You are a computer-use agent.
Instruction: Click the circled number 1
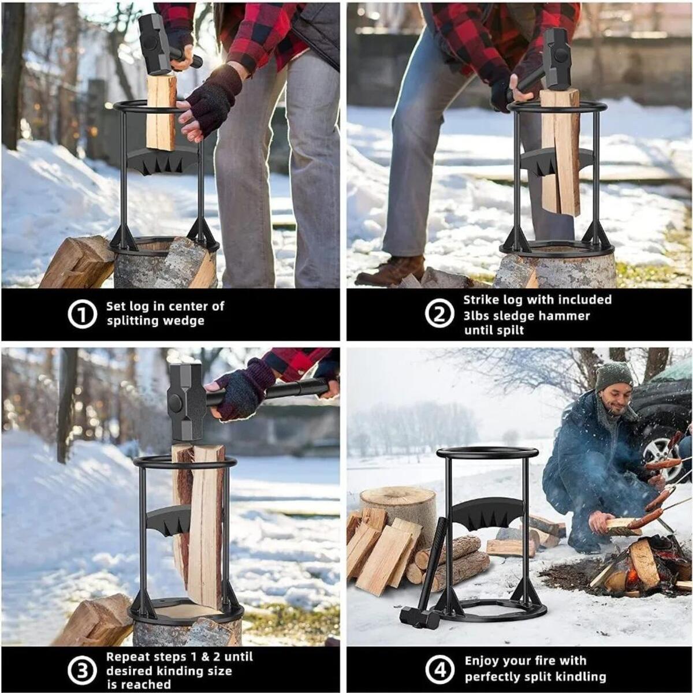pos(83,315)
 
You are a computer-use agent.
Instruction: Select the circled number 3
pos(83,670)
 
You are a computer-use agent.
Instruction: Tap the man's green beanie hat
pos(613,375)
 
